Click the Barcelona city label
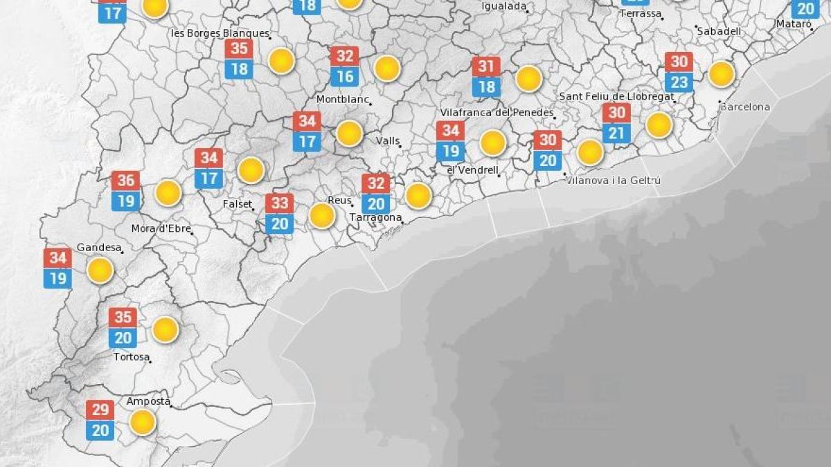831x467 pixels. pyautogui.click(x=745, y=107)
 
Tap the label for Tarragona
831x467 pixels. pyautogui.click(x=376, y=217)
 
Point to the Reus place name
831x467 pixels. pyautogui.click(x=339, y=200)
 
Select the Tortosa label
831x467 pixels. pyautogui.click(x=132, y=357)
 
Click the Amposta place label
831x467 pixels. pyautogui.click(x=148, y=401)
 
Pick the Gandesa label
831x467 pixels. pyautogui.click(x=99, y=247)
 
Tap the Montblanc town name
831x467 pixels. pyautogui.click(x=342, y=99)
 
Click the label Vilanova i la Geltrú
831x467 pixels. pyautogui.click(x=604, y=181)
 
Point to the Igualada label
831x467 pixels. pyautogui.click(x=504, y=7)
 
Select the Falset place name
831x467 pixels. pyautogui.click(x=237, y=205)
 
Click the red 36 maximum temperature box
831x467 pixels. pyautogui.click(x=126, y=181)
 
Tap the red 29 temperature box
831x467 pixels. pyautogui.click(x=100, y=410)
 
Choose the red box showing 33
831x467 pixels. pyautogui.click(x=280, y=203)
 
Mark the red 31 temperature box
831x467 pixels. pyautogui.click(x=487, y=67)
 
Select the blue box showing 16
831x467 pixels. pyautogui.click(x=345, y=76)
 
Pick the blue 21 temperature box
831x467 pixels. pyautogui.click(x=616, y=133)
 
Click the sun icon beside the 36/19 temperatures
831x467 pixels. pyautogui.click(x=168, y=193)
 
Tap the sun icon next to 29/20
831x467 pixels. pyautogui.click(x=143, y=421)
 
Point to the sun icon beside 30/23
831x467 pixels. pyautogui.click(x=721, y=74)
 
